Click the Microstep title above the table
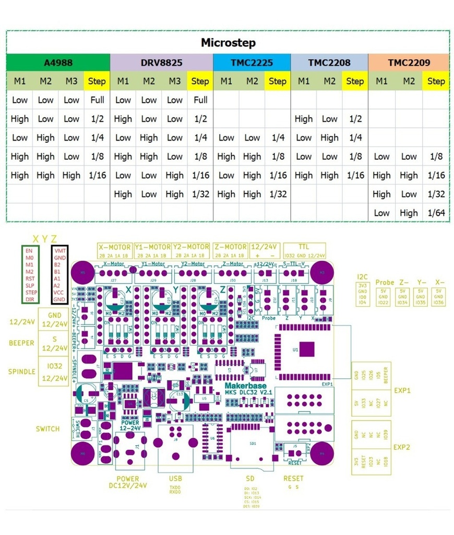click(228, 43)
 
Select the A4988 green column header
click(58, 63)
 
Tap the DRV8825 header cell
click(161, 63)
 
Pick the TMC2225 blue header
click(252, 63)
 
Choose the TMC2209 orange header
click(409, 63)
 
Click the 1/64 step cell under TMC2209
click(436, 213)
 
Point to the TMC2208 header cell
click(329, 63)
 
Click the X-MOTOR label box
click(115, 247)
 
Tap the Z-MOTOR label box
click(230, 247)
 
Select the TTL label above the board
click(304, 246)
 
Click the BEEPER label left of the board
click(21, 343)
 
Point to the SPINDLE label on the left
click(21, 371)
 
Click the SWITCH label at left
click(47, 429)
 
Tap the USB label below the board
click(176, 479)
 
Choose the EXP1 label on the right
click(402, 390)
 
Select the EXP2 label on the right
click(402, 447)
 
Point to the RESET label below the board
click(293, 479)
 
